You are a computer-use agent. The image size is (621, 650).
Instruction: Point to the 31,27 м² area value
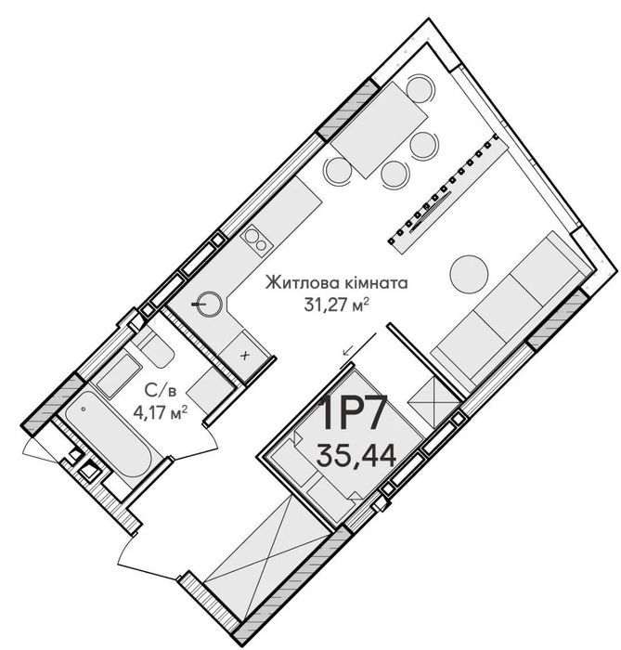[336, 305]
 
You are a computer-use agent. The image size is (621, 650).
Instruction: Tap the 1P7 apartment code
[355, 413]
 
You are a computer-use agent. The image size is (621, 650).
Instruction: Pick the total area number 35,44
[356, 455]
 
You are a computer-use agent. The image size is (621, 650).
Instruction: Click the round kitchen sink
[209, 305]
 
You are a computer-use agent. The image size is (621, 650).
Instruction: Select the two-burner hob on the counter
[256, 240]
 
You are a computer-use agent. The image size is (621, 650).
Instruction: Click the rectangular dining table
[379, 130]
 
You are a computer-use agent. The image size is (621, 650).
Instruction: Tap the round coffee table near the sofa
[469, 274]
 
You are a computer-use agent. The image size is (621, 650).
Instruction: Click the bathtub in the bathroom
[110, 438]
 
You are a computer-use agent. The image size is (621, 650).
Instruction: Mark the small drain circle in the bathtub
[84, 409]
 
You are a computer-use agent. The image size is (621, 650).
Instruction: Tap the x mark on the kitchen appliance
[246, 356]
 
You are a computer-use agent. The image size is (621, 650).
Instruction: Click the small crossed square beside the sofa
[434, 402]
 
